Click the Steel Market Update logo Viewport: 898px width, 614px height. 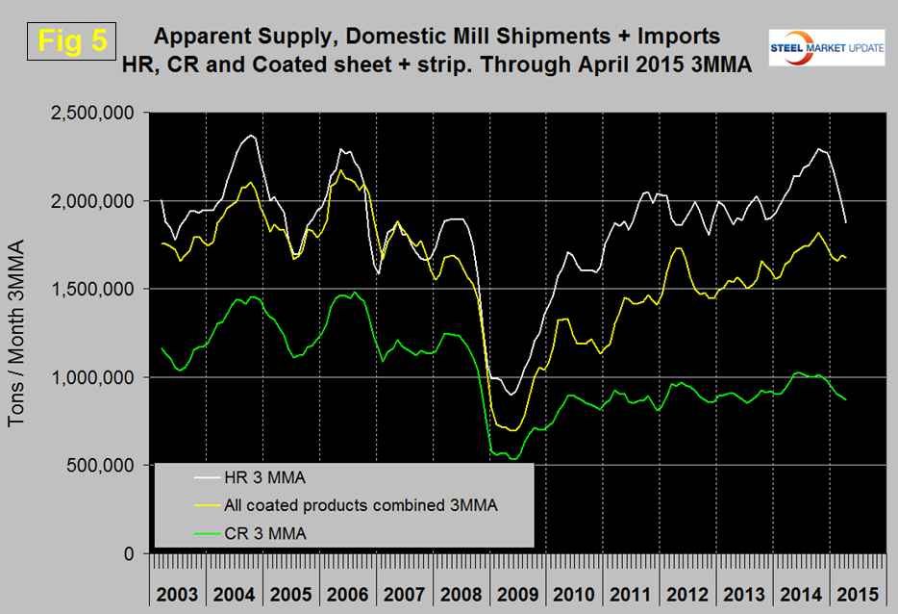coord(827,48)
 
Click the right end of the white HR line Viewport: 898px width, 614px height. coord(846,221)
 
